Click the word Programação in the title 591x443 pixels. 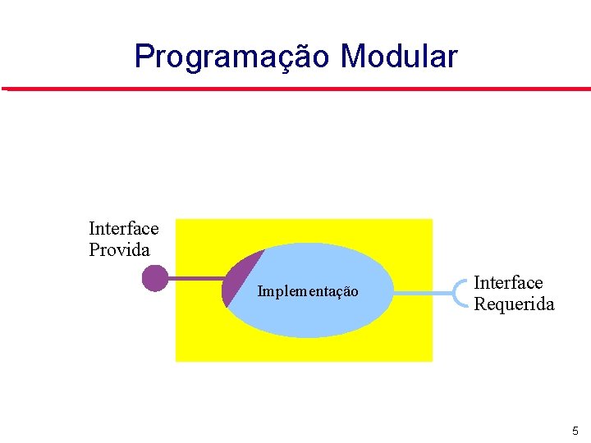[233, 57]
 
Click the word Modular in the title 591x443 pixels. [398, 57]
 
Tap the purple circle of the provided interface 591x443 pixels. [154, 278]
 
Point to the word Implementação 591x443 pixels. [308, 291]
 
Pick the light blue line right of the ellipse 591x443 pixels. [423, 291]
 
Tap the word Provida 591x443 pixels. [120, 250]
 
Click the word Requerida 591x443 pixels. [514, 304]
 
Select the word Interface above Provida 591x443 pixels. [124, 228]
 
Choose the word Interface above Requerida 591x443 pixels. [508, 283]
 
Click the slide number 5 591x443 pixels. [575, 431]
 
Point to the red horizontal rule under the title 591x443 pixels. [295, 89]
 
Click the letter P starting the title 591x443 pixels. [144, 57]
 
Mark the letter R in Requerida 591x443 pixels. [480, 304]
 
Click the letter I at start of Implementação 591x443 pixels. [260, 291]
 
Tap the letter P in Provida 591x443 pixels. [94, 250]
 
